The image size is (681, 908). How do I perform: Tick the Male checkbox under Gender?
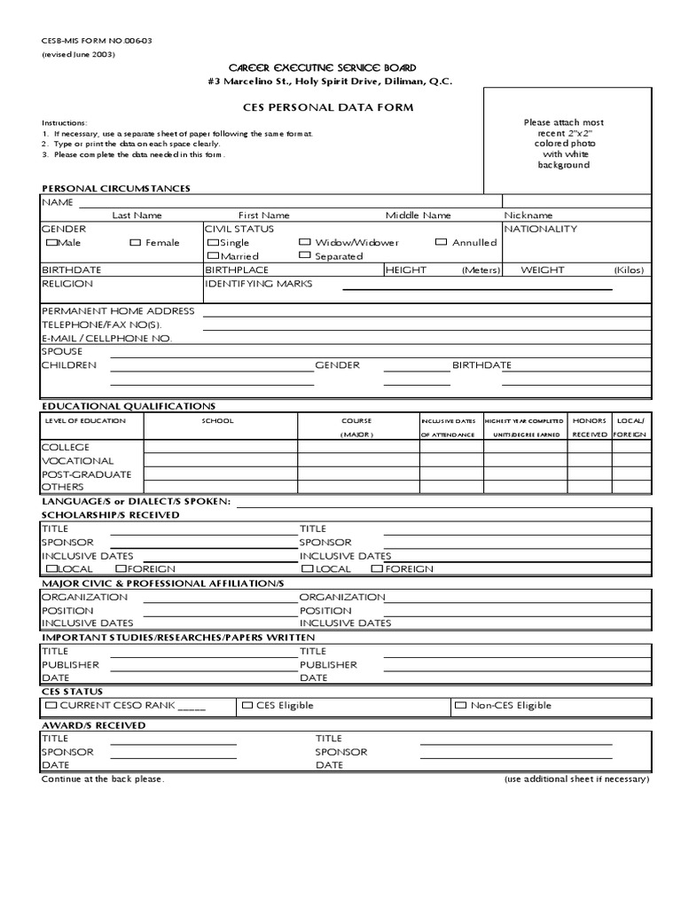52,243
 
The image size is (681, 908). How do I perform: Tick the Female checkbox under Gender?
136,243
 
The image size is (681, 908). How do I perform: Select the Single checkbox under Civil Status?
213,243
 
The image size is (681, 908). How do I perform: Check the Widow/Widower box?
305,242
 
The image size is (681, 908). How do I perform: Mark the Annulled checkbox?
442,242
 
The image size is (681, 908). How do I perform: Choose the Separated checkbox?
305,255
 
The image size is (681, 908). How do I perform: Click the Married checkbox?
213,255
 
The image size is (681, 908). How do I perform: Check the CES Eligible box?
247,706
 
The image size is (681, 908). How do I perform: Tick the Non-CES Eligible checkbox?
461,706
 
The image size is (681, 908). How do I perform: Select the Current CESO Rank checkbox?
51,706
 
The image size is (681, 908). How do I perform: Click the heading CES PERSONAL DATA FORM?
316,107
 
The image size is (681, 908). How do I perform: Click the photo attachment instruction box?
565,143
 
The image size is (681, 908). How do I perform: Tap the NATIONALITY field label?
540,229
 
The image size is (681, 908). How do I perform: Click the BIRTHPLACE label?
236,270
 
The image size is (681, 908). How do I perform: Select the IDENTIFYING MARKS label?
259,284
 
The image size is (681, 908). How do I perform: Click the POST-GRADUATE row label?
86,474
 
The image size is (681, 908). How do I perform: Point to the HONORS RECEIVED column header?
590,427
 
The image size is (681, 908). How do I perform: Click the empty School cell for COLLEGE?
220,448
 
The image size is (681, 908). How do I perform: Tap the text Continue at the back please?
103,779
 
